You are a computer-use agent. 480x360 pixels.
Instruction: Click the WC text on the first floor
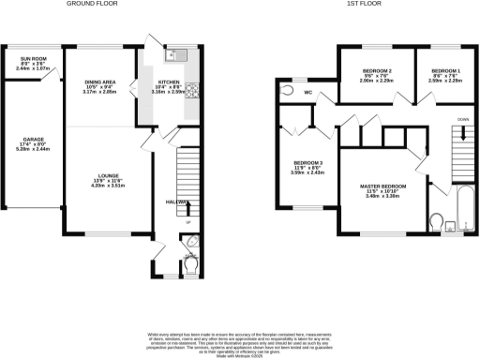coord(308,93)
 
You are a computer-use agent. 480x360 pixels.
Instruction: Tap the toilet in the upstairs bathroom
coord(437,221)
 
